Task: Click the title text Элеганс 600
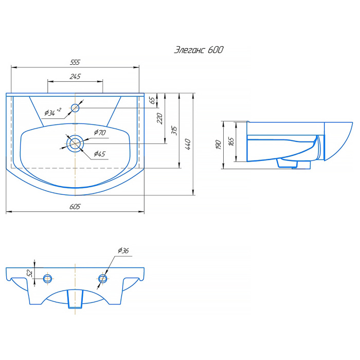click(199, 50)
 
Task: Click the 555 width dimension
click(75, 62)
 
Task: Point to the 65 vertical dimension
click(152, 100)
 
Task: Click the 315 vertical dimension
click(174, 130)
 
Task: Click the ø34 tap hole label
click(52, 112)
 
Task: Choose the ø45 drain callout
click(99, 154)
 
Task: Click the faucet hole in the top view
click(76, 107)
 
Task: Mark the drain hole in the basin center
click(75, 143)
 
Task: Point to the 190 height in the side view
click(219, 145)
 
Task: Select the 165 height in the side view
click(231, 140)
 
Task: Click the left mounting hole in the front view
click(47, 278)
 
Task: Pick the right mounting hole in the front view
click(102, 278)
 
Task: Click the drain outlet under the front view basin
click(75, 299)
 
